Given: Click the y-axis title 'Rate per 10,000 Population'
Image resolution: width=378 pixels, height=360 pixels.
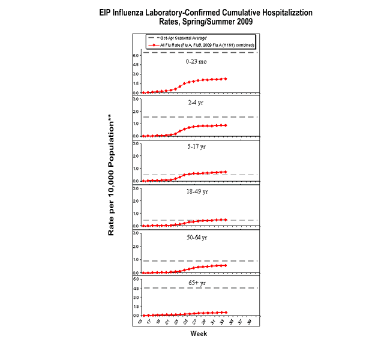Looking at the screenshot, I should click(112, 178).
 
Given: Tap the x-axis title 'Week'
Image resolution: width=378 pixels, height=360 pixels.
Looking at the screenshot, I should click(199, 334).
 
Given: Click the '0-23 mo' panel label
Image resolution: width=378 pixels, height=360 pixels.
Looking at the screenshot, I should click(196, 61).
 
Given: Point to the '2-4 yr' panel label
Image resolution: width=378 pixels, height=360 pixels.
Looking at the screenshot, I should click(196, 103).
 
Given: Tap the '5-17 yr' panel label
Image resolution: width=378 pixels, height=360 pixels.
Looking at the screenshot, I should click(196, 146).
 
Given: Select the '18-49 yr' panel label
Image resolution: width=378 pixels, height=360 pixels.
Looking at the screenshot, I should click(196, 193).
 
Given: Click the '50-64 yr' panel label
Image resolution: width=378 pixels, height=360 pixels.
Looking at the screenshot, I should click(196, 238).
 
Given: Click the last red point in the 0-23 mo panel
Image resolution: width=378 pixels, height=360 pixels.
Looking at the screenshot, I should click(226, 79).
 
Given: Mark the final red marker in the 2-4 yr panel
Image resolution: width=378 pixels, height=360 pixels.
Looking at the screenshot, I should click(226, 125).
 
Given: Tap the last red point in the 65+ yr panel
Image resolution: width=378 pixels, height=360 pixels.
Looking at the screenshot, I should click(226, 312).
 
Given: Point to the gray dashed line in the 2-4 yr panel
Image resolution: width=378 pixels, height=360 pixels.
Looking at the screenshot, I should click(240, 117).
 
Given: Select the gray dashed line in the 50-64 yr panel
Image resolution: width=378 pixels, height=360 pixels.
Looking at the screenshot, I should click(240, 261).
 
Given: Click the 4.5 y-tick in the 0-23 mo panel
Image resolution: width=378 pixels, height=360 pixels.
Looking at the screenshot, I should click(136, 65).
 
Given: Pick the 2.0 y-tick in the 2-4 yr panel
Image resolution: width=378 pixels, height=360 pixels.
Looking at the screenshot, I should click(136, 110).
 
